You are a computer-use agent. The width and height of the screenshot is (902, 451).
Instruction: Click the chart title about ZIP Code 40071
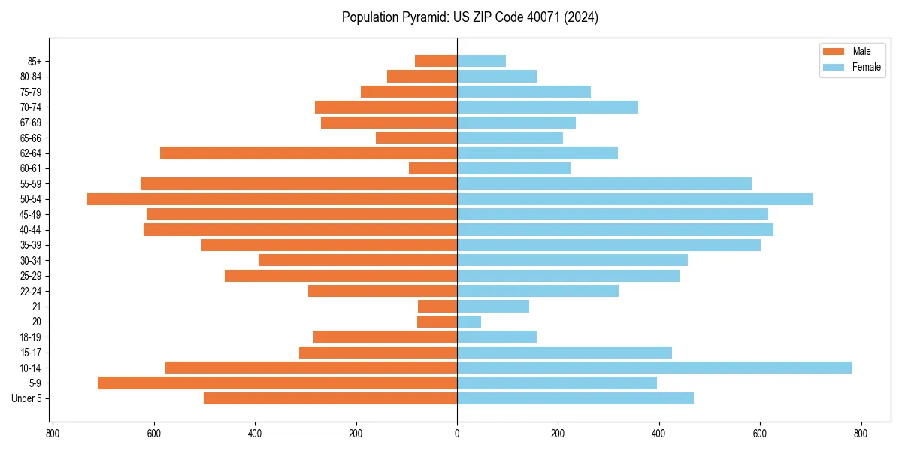coord(470,17)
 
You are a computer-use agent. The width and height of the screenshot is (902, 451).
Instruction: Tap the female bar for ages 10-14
coord(654,368)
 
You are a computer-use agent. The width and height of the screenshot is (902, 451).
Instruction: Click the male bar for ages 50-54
coord(272,199)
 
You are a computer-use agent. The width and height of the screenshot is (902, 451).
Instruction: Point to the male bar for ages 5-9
coord(277,383)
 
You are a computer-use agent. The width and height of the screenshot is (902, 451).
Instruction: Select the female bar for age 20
coord(469,322)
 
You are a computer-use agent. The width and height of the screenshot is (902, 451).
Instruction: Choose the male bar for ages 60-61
coord(433,168)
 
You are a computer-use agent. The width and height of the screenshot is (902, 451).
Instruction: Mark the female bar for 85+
coord(481,61)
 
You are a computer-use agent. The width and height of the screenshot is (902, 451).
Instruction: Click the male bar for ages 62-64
coord(308,153)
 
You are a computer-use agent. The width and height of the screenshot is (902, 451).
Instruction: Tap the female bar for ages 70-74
coord(547,107)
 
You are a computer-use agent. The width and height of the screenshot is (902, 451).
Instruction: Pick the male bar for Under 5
coord(330,398)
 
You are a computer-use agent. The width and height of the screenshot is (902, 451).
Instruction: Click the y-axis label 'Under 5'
coord(27,398)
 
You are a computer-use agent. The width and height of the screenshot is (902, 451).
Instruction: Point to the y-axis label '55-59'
coord(30,184)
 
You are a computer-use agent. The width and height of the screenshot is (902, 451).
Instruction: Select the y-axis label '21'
coord(37,307)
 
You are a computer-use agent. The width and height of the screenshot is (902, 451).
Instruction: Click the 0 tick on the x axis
coord(457,434)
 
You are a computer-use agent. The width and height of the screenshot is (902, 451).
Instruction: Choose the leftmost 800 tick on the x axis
coord(53,434)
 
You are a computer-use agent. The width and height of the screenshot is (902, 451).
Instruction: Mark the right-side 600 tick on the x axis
coord(760,434)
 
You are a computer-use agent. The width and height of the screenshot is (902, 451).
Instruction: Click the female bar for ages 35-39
coord(609,245)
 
